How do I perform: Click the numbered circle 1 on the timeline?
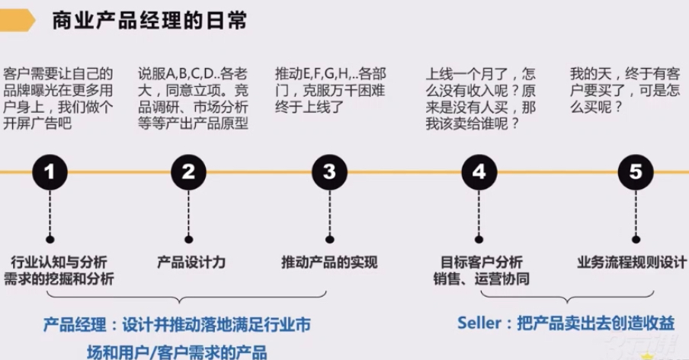tap(50, 172)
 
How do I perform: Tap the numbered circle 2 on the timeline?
tap(188, 172)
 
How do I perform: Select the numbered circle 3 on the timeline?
tap(328, 172)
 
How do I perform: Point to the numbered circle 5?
tap(636, 172)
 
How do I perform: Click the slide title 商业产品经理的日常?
tap(149, 20)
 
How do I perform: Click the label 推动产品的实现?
tap(329, 262)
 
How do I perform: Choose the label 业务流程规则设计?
tap(632, 262)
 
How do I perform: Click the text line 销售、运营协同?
tap(481, 279)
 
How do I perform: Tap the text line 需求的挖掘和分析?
tap(59, 279)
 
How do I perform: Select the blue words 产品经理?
tap(74, 324)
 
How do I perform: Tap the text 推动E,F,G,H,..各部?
tap(331, 75)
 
